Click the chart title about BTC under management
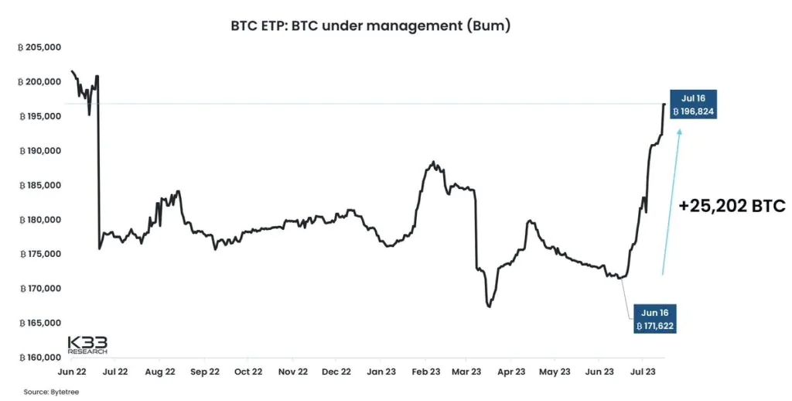click(370, 26)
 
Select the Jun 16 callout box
click(654, 319)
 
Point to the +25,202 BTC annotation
click(732, 206)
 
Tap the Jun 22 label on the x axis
click(71, 372)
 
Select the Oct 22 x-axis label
click(247, 372)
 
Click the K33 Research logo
click(87, 344)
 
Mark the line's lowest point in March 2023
click(489, 307)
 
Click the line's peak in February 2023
click(434, 162)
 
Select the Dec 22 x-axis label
click(336, 372)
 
